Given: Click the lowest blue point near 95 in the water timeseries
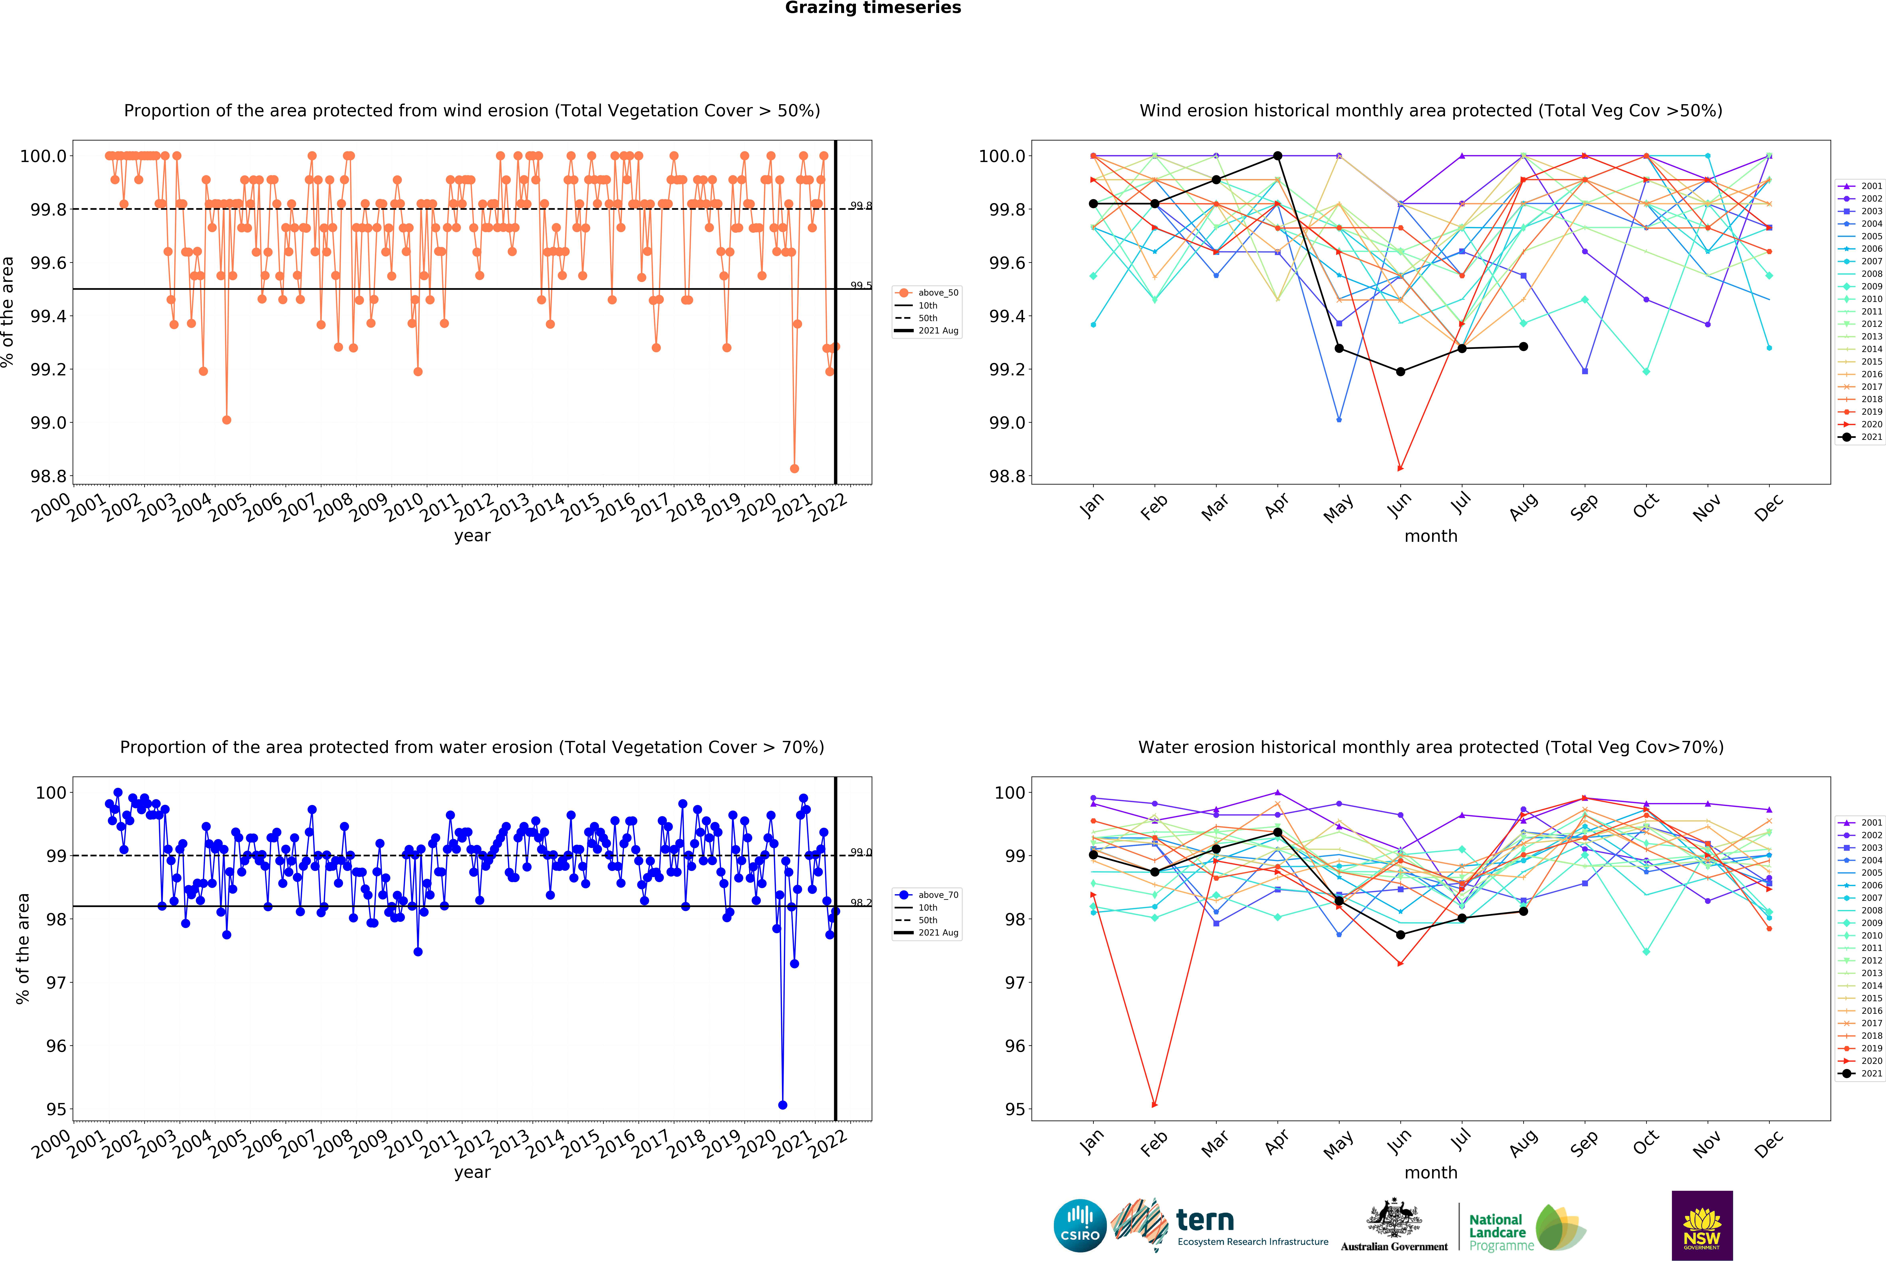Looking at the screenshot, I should (782, 1105).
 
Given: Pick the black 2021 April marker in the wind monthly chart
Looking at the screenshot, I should (1277, 156).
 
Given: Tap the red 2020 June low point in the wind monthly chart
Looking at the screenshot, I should (1400, 468).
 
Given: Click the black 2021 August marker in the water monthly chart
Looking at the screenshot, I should (1523, 911).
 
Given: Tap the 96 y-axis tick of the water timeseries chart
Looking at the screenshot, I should (55, 1046).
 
